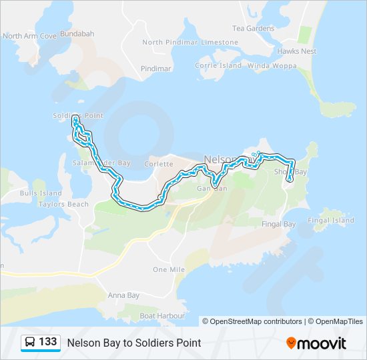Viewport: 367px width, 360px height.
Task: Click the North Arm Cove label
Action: coord(29,36)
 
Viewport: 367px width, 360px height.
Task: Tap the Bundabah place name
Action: coord(77,33)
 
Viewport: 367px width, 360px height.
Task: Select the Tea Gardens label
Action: coord(253,29)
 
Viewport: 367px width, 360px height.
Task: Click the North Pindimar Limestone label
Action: coord(190,42)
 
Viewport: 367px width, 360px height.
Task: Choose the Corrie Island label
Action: coord(218,66)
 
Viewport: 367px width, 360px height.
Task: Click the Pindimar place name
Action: coord(156,69)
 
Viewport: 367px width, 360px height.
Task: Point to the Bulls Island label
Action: coord(41,193)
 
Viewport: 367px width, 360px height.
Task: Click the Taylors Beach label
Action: coord(63,204)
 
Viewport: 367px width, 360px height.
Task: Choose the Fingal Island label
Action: coord(331,220)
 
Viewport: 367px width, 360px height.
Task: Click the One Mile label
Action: coord(168,269)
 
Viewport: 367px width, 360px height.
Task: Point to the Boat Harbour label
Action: coord(157,315)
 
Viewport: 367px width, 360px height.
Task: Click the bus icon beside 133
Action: coord(31,343)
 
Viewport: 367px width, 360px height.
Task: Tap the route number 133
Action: coord(47,342)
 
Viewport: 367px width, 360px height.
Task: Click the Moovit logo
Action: coord(316,343)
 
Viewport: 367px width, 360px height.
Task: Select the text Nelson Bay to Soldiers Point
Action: coord(133,343)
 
